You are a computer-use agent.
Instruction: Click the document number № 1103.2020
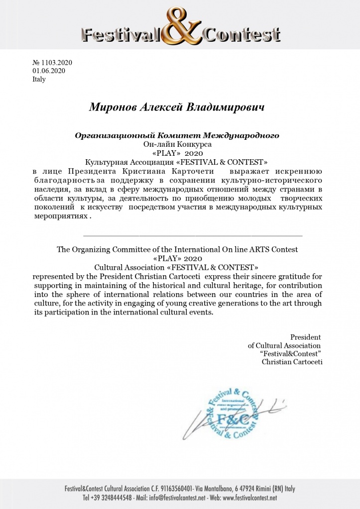coord(52,63)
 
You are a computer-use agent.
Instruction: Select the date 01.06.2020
coord(48,71)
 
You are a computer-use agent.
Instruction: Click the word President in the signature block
coord(305,337)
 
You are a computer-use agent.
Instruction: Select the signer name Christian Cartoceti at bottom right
coord(292,362)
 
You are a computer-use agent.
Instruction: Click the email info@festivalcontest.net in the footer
coord(181,498)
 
